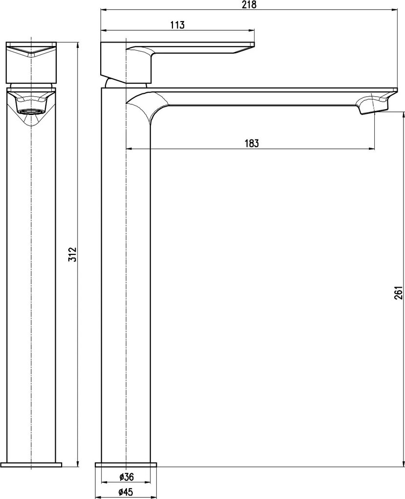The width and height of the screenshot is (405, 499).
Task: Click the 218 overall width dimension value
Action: [249, 5]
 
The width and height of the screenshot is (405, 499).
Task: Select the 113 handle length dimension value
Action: [177, 25]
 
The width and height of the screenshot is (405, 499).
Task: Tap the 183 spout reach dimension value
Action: [252, 143]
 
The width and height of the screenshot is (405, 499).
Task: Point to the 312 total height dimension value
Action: [73, 254]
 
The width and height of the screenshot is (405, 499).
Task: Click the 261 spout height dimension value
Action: [398, 293]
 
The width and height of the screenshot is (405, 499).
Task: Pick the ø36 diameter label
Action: [127, 476]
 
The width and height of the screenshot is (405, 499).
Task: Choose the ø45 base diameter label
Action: [127, 492]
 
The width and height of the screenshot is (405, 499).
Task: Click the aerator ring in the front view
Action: [31, 112]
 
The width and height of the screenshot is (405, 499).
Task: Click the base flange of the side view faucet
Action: [126, 465]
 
